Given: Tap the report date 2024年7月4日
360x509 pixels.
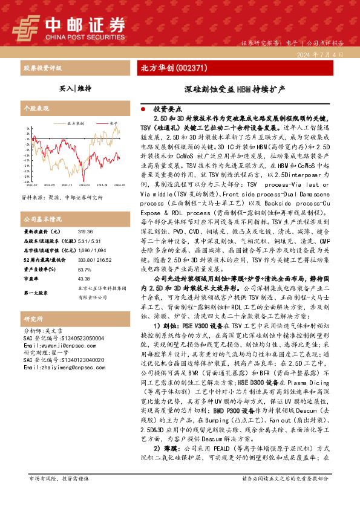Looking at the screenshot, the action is tap(321, 54).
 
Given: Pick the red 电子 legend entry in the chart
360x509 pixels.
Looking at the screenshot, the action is tap(113, 122).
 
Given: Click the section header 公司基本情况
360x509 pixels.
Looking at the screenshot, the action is tap(42, 219).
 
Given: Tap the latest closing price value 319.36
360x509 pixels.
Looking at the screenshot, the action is tap(85, 232).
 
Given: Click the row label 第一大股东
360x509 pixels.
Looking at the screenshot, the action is tap(36, 293).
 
